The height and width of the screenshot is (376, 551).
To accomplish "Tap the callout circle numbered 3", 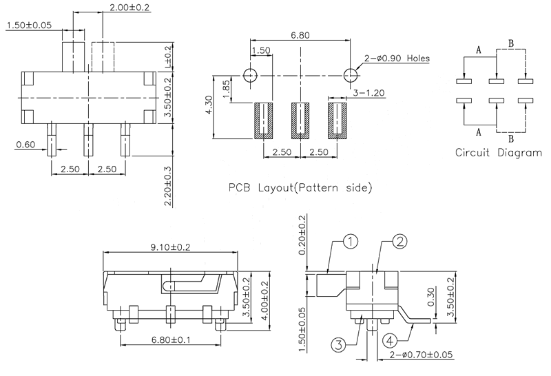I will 340,344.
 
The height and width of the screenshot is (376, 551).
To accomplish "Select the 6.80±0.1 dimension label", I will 169,340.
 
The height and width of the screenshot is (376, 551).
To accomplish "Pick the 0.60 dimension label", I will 25,144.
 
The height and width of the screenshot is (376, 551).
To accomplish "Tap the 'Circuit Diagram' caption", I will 499,153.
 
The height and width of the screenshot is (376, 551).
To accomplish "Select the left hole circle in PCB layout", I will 249,74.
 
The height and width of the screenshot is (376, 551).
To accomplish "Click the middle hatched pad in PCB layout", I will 298,121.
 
